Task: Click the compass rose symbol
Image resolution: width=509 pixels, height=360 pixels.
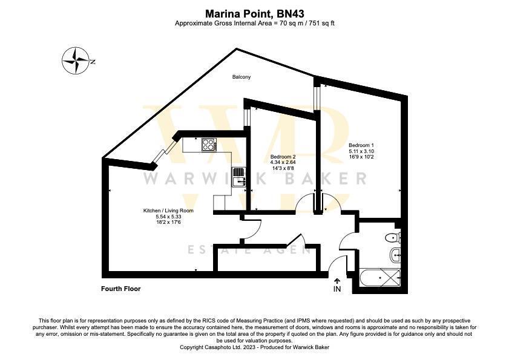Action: tap(76, 61)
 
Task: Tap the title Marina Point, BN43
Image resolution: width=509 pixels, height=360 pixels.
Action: tap(254, 13)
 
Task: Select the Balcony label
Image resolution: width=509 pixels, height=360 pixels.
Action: tap(241, 77)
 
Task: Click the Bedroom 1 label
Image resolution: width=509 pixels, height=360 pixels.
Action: tap(361, 145)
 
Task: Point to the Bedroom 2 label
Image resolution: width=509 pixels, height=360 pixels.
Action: tap(283, 157)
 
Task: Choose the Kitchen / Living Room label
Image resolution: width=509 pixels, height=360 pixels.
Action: tap(168, 211)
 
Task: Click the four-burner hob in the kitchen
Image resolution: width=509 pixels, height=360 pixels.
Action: tap(208, 145)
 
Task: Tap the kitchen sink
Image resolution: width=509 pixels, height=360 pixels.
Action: tap(240, 176)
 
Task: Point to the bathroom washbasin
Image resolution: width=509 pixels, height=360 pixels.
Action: tap(395, 255)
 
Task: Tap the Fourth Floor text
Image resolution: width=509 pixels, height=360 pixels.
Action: tap(120, 289)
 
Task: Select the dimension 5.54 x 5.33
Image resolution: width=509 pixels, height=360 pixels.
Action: tap(168, 217)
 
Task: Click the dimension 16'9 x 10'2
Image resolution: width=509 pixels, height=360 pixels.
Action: tap(361, 157)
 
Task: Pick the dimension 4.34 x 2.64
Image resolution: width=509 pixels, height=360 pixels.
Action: tap(283, 163)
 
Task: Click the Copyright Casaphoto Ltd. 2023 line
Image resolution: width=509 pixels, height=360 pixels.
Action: tap(254, 347)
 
